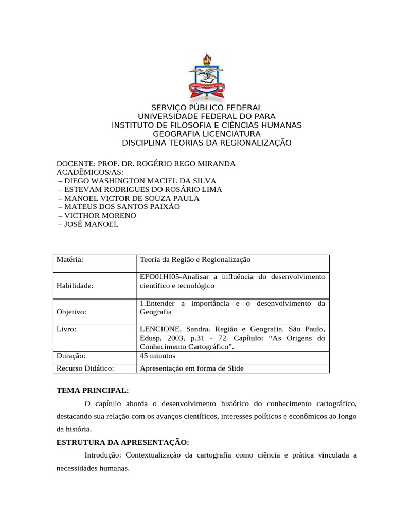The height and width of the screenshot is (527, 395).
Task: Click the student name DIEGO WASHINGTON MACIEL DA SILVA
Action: click(137, 181)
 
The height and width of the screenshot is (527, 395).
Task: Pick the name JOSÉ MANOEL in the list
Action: click(88, 224)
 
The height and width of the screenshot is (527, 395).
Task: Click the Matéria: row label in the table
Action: click(70, 260)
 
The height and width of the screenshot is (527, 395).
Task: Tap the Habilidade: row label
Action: click(75, 286)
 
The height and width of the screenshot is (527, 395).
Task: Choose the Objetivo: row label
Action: click(71, 312)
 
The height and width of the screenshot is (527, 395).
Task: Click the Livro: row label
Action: click(67, 329)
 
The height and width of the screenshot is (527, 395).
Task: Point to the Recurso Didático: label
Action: click(85, 368)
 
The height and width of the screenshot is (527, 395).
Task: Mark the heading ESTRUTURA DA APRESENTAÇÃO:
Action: click(122, 442)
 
